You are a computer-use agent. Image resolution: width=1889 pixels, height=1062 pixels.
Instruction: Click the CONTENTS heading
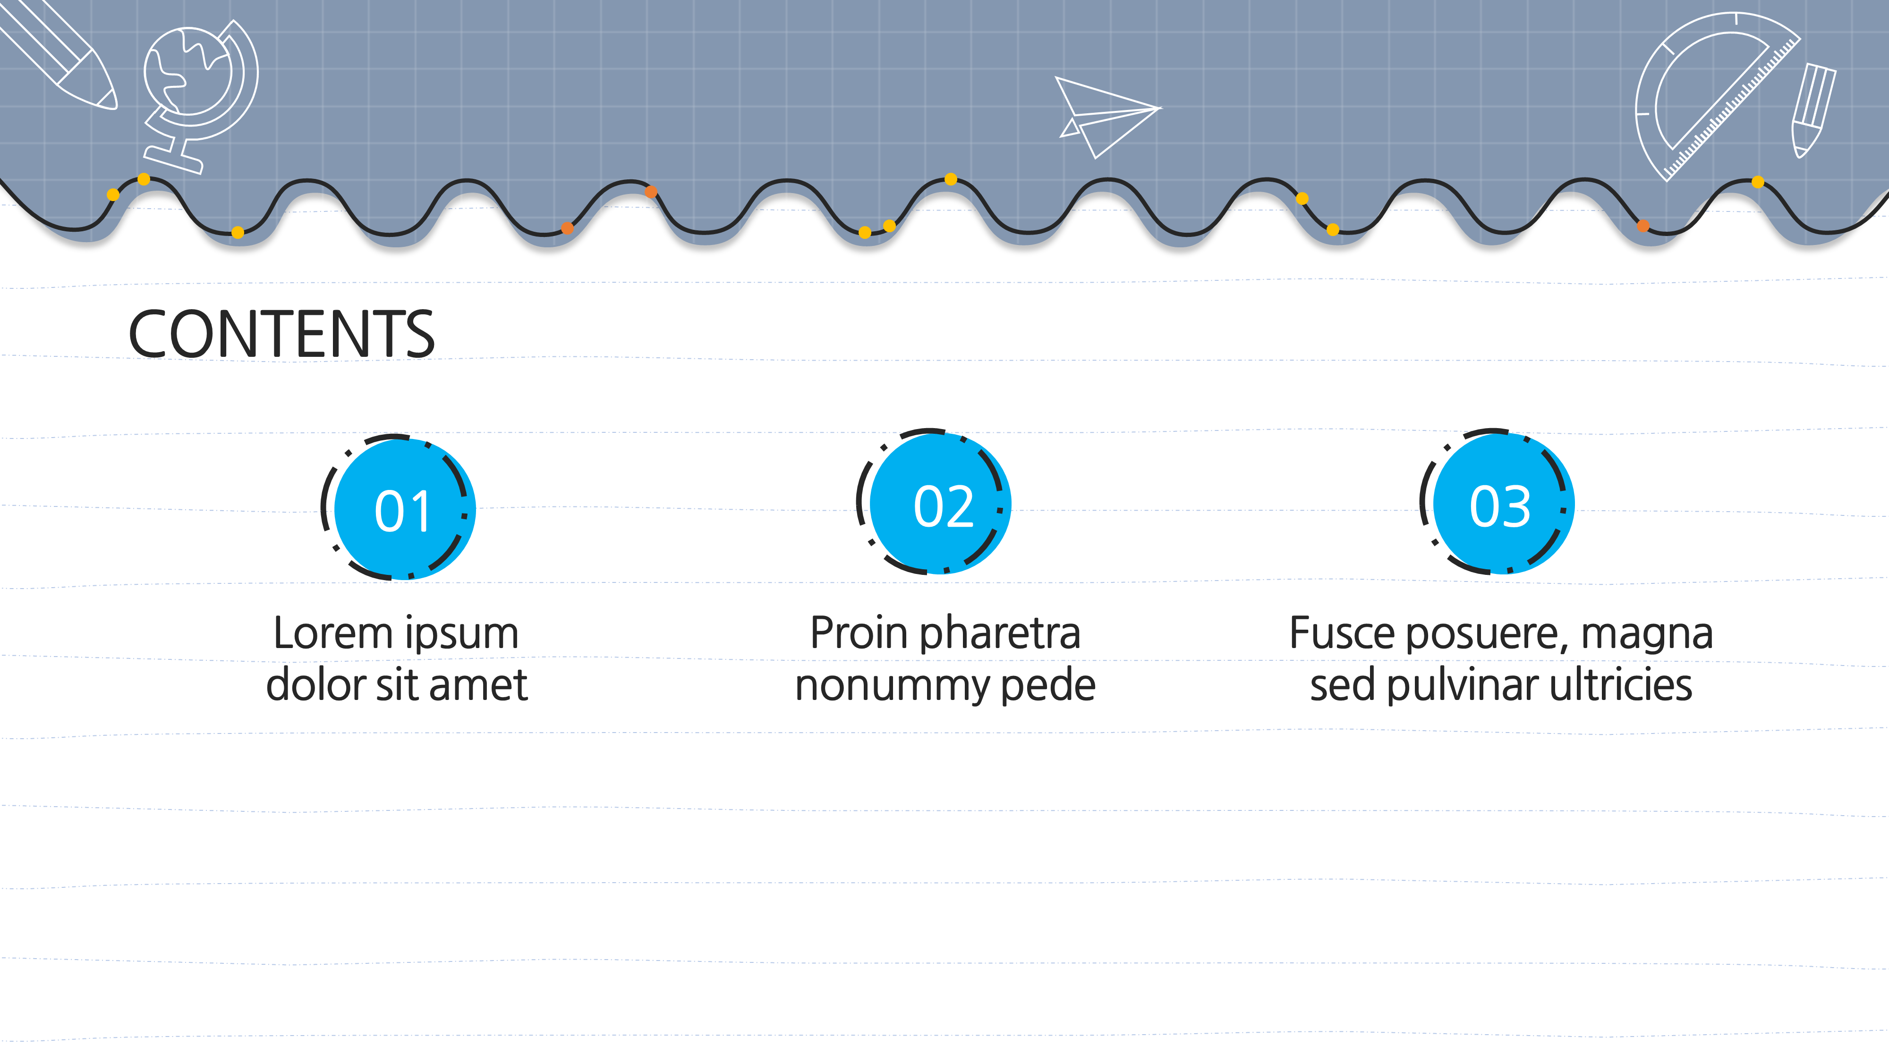click(281, 334)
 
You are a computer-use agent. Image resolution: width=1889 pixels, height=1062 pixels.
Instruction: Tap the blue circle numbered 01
click(405, 509)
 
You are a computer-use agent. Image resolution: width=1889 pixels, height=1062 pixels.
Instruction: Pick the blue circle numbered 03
click(1503, 504)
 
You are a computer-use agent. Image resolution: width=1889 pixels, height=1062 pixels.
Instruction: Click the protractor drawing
click(1716, 95)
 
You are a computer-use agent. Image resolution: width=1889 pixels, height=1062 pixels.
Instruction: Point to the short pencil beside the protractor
click(1813, 110)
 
